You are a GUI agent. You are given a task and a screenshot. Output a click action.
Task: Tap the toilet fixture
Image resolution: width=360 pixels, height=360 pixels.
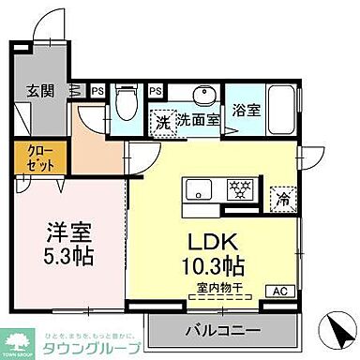click(x=128, y=99)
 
